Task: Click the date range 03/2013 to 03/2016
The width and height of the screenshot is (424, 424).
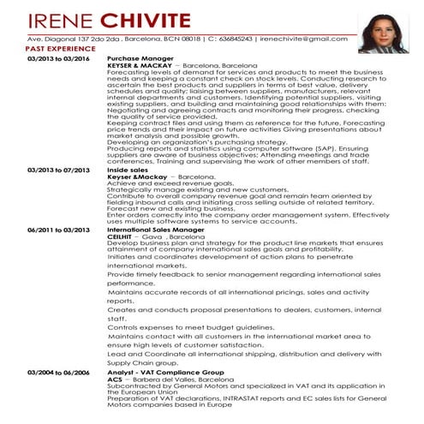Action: coord(58,58)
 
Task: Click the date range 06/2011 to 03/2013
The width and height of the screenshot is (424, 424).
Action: coord(58,230)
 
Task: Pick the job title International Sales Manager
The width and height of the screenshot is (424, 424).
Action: coord(156,230)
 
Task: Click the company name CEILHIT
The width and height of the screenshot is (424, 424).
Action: coord(122,236)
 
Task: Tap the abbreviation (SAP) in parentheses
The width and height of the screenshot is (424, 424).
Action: coord(292,148)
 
